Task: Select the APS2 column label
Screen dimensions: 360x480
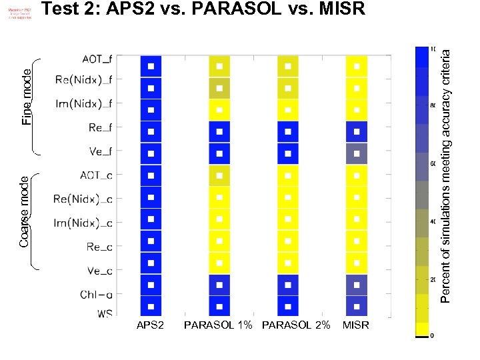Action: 150,325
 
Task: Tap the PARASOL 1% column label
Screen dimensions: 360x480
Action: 218,325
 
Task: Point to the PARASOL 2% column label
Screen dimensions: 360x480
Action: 296,325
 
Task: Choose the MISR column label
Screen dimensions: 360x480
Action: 355,325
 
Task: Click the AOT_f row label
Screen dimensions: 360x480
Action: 97,60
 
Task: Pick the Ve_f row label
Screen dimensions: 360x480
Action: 101,151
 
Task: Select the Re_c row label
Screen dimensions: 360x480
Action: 100,247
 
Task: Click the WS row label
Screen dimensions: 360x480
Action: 105,313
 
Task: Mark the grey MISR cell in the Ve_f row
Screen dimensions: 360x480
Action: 357,153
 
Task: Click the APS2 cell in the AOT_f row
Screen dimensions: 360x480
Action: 151,66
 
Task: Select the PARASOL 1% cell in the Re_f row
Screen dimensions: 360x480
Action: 219,131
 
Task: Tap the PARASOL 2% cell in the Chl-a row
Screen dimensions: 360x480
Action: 288,285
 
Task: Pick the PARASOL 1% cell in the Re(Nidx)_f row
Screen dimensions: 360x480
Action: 219,88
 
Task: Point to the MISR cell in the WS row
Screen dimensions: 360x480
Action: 357,307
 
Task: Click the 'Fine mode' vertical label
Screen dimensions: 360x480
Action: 27,97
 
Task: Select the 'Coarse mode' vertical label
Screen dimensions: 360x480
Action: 25,211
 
